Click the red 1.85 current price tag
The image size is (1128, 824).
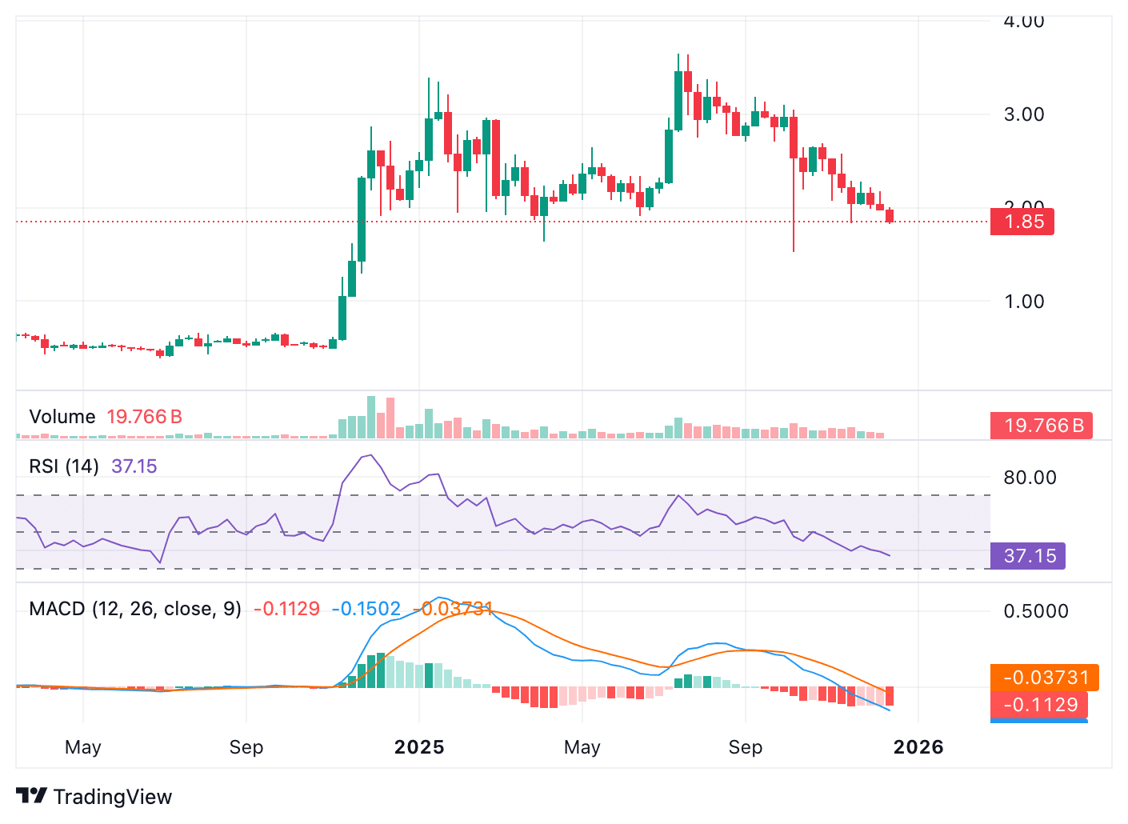1022,222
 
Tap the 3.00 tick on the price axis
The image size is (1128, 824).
1024,114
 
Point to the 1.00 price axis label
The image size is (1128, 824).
1024,302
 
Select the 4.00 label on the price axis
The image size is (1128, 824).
1024,22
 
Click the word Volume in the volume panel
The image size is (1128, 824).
62,417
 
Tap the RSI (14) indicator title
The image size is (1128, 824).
64,466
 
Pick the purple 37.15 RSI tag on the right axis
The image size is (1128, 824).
1029,556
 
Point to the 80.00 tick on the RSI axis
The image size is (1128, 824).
1030,478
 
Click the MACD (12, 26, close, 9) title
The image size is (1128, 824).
135,609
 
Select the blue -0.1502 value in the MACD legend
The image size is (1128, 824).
366,609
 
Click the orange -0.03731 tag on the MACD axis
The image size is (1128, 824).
1045,678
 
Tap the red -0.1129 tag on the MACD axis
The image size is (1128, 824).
1040,705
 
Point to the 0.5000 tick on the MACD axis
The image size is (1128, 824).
1036,611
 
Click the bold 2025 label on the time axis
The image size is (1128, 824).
419,747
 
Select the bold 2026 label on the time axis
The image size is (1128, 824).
918,747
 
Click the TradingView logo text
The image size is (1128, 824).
112,797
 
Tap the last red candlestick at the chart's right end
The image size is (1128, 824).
890,216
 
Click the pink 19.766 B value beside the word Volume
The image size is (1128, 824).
144,417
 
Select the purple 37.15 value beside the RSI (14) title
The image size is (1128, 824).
134,466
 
